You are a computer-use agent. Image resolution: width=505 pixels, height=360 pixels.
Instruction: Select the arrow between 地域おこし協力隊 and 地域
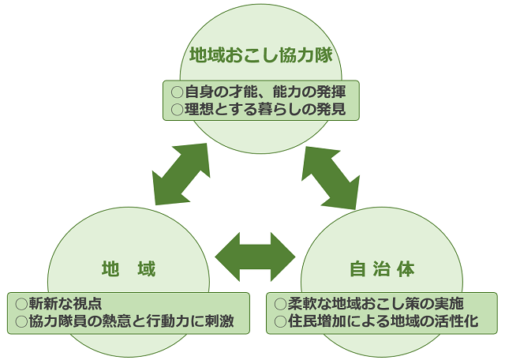(181, 174)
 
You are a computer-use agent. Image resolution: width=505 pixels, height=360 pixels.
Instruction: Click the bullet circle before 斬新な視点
(21, 304)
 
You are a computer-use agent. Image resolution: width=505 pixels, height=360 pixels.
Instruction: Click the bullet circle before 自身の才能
(177, 91)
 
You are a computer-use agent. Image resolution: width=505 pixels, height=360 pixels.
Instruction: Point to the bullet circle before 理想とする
(177, 109)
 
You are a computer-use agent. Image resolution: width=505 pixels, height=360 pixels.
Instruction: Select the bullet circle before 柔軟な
(280, 304)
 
